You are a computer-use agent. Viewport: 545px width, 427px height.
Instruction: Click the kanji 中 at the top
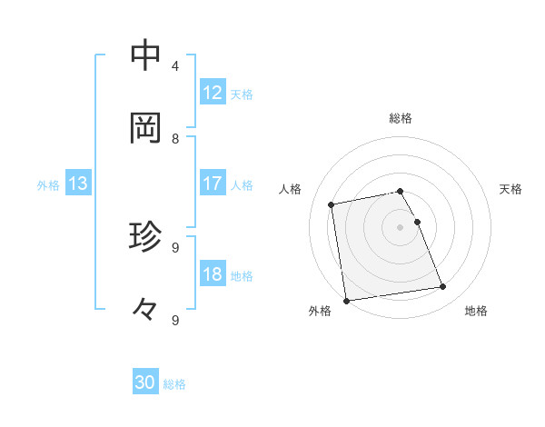145,55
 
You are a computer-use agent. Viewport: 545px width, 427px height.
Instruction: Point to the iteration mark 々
145,310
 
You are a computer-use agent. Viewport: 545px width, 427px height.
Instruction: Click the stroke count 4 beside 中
175,65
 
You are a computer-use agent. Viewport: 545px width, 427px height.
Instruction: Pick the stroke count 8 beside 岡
175,138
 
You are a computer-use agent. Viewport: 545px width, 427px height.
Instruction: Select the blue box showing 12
213,93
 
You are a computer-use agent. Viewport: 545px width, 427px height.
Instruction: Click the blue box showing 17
213,184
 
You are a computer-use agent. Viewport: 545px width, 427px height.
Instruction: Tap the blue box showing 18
213,274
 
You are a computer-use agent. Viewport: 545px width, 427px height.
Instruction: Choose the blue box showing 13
78,184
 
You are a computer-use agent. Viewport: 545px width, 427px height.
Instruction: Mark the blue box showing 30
145,382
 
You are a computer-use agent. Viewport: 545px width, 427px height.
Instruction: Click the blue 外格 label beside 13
48,185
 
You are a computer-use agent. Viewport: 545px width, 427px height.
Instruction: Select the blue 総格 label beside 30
174,384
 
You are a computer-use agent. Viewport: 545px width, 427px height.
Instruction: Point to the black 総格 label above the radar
401,118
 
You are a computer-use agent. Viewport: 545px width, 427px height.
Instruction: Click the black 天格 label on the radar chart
510,189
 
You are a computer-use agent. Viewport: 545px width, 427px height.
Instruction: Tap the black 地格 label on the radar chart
476,312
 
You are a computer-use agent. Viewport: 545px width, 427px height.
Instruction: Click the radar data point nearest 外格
346,301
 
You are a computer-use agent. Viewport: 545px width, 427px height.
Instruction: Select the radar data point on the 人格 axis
332,204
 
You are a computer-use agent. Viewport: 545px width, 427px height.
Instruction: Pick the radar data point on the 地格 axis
443,287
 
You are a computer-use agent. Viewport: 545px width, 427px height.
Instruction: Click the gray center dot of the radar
401,226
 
